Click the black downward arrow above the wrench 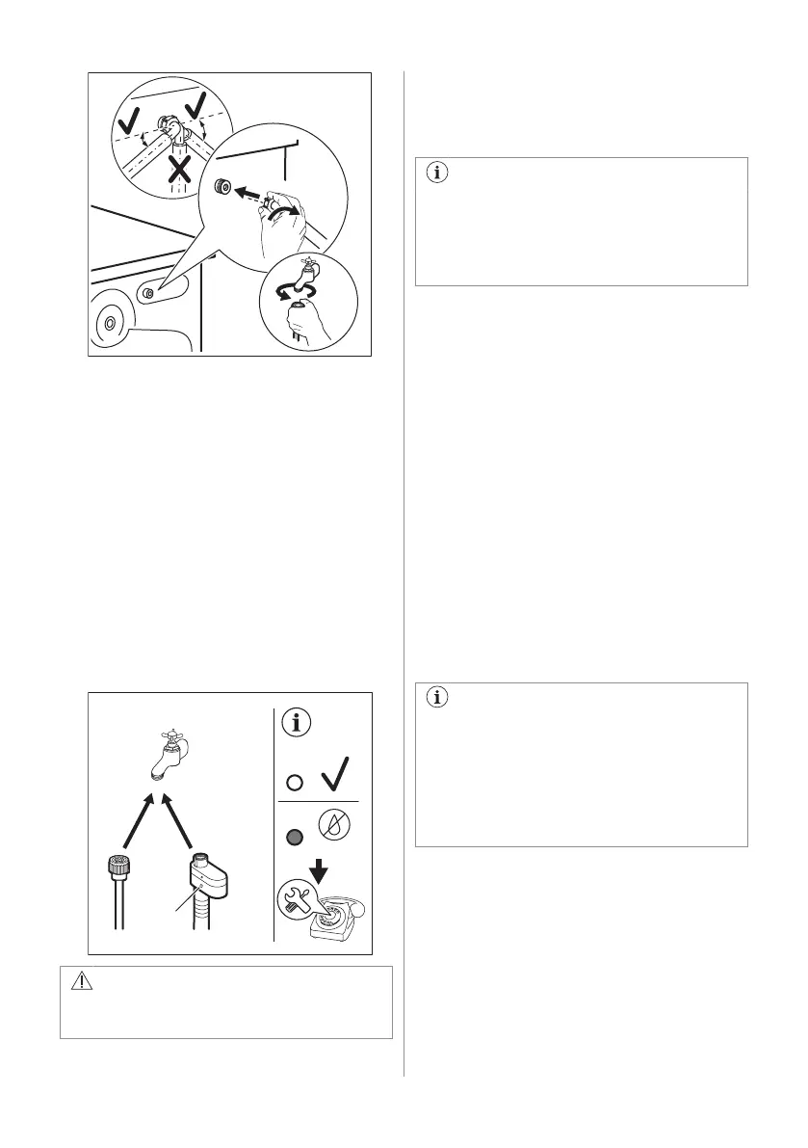pos(322,873)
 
